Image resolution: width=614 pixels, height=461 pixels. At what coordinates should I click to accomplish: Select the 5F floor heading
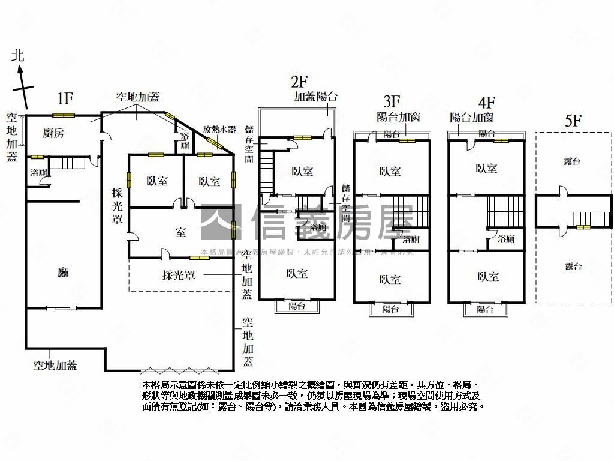(573, 119)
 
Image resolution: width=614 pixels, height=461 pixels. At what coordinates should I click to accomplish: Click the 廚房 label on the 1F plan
(54, 133)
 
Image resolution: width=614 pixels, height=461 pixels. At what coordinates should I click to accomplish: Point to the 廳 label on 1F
(63, 272)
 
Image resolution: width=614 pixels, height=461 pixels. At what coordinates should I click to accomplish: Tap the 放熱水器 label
(219, 129)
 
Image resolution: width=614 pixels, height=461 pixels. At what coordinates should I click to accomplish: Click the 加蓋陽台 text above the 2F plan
(315, 96)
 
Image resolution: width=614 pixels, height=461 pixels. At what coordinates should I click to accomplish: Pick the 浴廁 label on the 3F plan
(411, 240)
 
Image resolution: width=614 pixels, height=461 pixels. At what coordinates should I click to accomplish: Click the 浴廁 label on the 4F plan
(506, 239)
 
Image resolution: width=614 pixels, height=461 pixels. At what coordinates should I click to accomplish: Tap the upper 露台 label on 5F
(573, 161)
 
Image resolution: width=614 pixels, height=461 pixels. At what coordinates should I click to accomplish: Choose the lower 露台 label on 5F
(573, 267)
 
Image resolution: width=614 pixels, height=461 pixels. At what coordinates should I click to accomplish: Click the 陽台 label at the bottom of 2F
(297, 306)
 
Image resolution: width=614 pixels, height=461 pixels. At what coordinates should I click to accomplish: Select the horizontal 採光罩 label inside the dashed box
(179, 276)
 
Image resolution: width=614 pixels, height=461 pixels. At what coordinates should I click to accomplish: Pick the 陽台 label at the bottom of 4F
(485, 310)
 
